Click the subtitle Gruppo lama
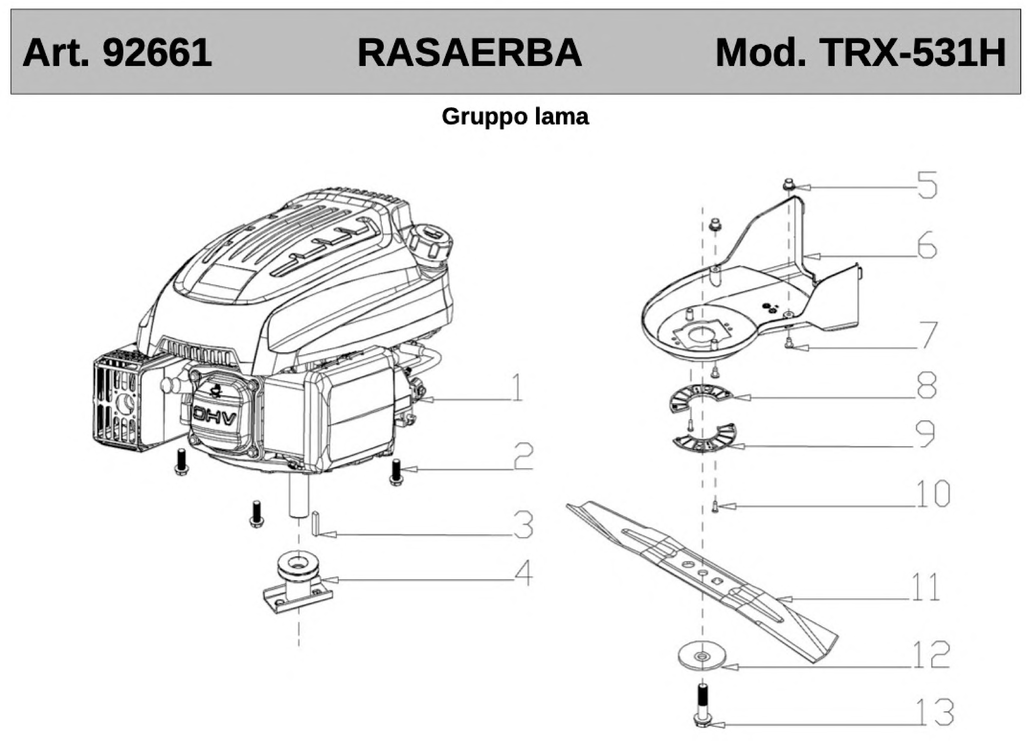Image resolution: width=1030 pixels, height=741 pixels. tap(515, 117)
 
